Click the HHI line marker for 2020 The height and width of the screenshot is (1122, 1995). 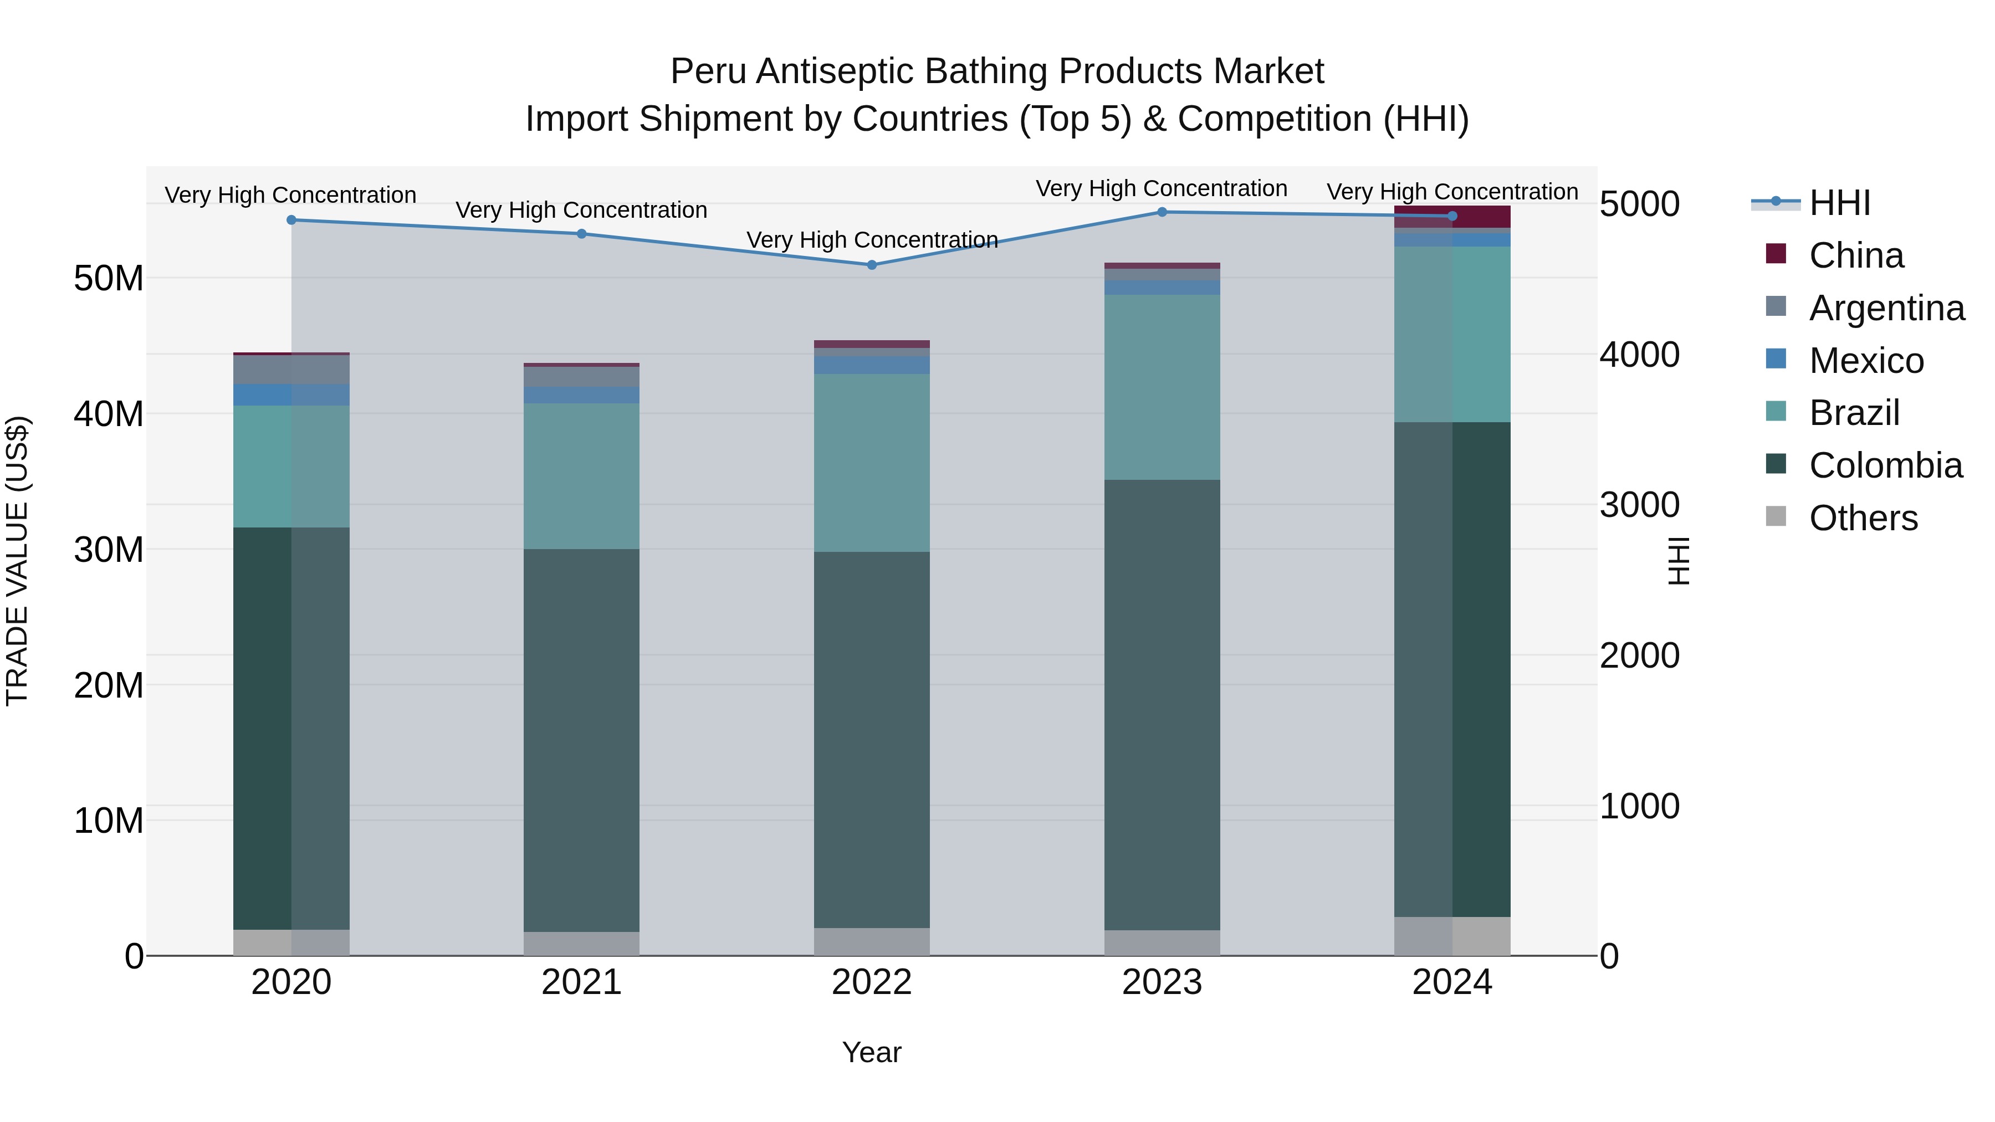click(291, 220)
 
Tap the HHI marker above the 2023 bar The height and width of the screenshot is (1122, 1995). click(1162, 212)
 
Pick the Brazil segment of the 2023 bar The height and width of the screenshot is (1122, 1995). click(1162, 387)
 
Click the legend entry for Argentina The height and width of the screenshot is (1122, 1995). click(1886, 308)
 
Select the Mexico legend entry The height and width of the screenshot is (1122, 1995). click(1866, 361)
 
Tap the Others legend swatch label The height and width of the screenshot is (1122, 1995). click(1863, 518)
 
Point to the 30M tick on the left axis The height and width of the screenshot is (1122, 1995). click(109, 550)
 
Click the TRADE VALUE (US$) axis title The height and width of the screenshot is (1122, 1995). click(17, 561)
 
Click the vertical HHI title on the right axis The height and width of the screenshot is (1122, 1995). click(1677, 561)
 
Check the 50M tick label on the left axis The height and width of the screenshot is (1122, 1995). click(109, 279)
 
